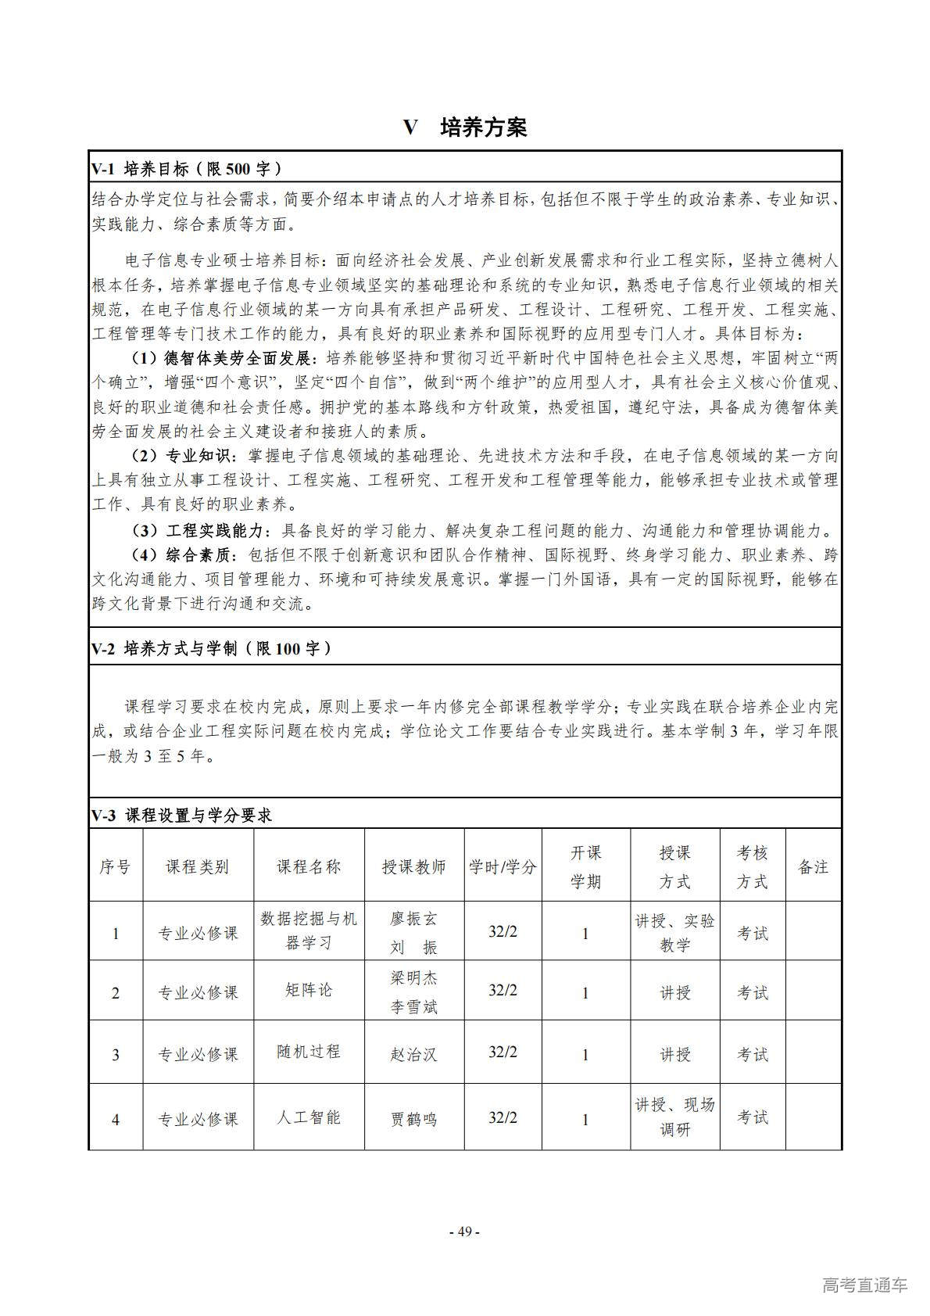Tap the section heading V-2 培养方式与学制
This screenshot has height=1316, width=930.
[211, 648]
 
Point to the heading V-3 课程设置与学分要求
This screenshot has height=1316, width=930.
[181, 816]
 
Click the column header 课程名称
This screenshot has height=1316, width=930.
[309, 866]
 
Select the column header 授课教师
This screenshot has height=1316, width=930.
[413, 866]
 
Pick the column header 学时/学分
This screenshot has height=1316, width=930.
[503, 866]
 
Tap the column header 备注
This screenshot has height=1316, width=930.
[813, 866]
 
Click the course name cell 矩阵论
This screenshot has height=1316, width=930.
[309, 990]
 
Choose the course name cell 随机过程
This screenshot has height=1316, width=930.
[309, 1052]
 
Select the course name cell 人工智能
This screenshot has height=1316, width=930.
[309, 1117]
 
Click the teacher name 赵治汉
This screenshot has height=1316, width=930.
[413, 1054]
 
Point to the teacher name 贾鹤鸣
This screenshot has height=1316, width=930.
[413, 1119]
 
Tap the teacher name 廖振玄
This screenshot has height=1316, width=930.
[413, 919]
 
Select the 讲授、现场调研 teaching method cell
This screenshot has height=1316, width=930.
[674, 1117]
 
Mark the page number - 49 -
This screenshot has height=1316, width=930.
[465, 1232]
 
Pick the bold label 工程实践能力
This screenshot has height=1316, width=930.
[216, 531]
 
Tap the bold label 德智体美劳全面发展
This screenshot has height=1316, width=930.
[238, 358]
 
